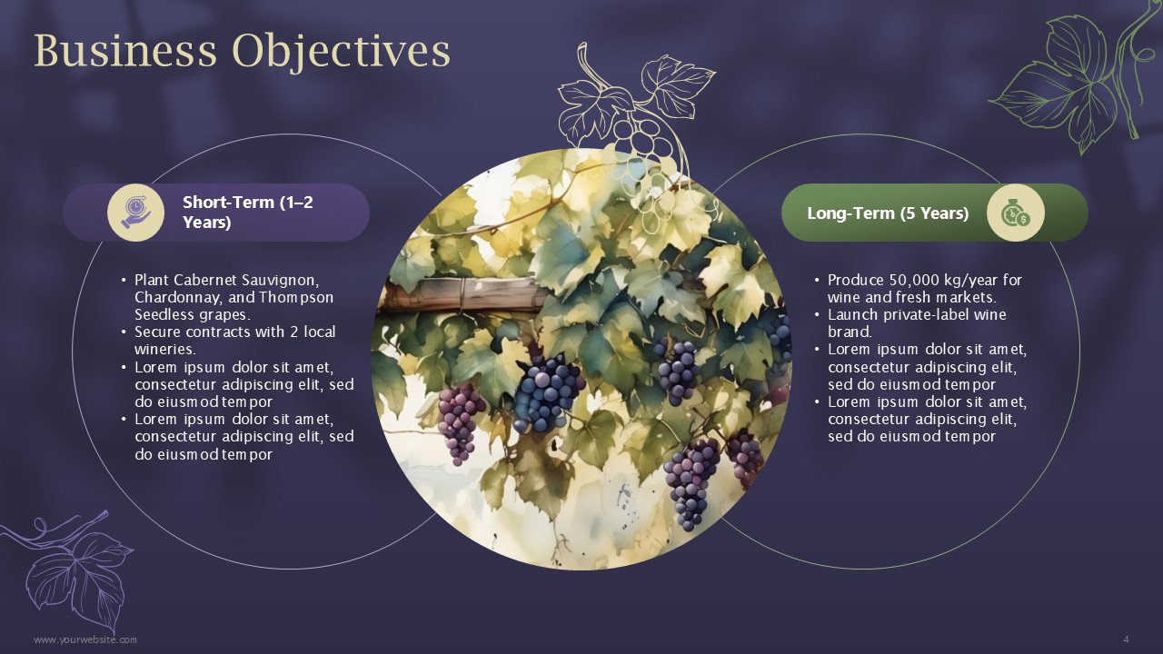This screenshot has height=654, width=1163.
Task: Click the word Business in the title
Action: coord(125,51)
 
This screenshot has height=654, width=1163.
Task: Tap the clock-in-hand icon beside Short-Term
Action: coord(136,213)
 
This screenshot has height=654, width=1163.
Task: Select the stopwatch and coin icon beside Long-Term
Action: coord(1016,213)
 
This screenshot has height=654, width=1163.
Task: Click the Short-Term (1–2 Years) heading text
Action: coord(248,213)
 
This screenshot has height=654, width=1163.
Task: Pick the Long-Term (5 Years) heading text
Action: coord(888,213)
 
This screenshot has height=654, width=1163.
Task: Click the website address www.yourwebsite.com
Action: coord(85,639)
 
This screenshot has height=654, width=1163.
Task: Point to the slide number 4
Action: coord(1126,639)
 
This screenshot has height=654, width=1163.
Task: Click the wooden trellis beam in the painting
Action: coord(462,293)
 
